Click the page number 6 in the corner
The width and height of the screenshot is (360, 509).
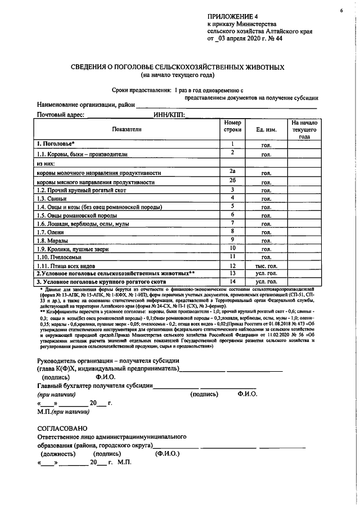point(341,11)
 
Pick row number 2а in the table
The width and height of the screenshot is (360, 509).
point(231,172)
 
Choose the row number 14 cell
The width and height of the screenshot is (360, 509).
point(231,281)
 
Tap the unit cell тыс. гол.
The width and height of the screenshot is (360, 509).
point(265,265)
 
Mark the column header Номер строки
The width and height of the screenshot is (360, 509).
point(231,126)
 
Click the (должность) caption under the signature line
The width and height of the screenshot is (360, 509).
point(58,453)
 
